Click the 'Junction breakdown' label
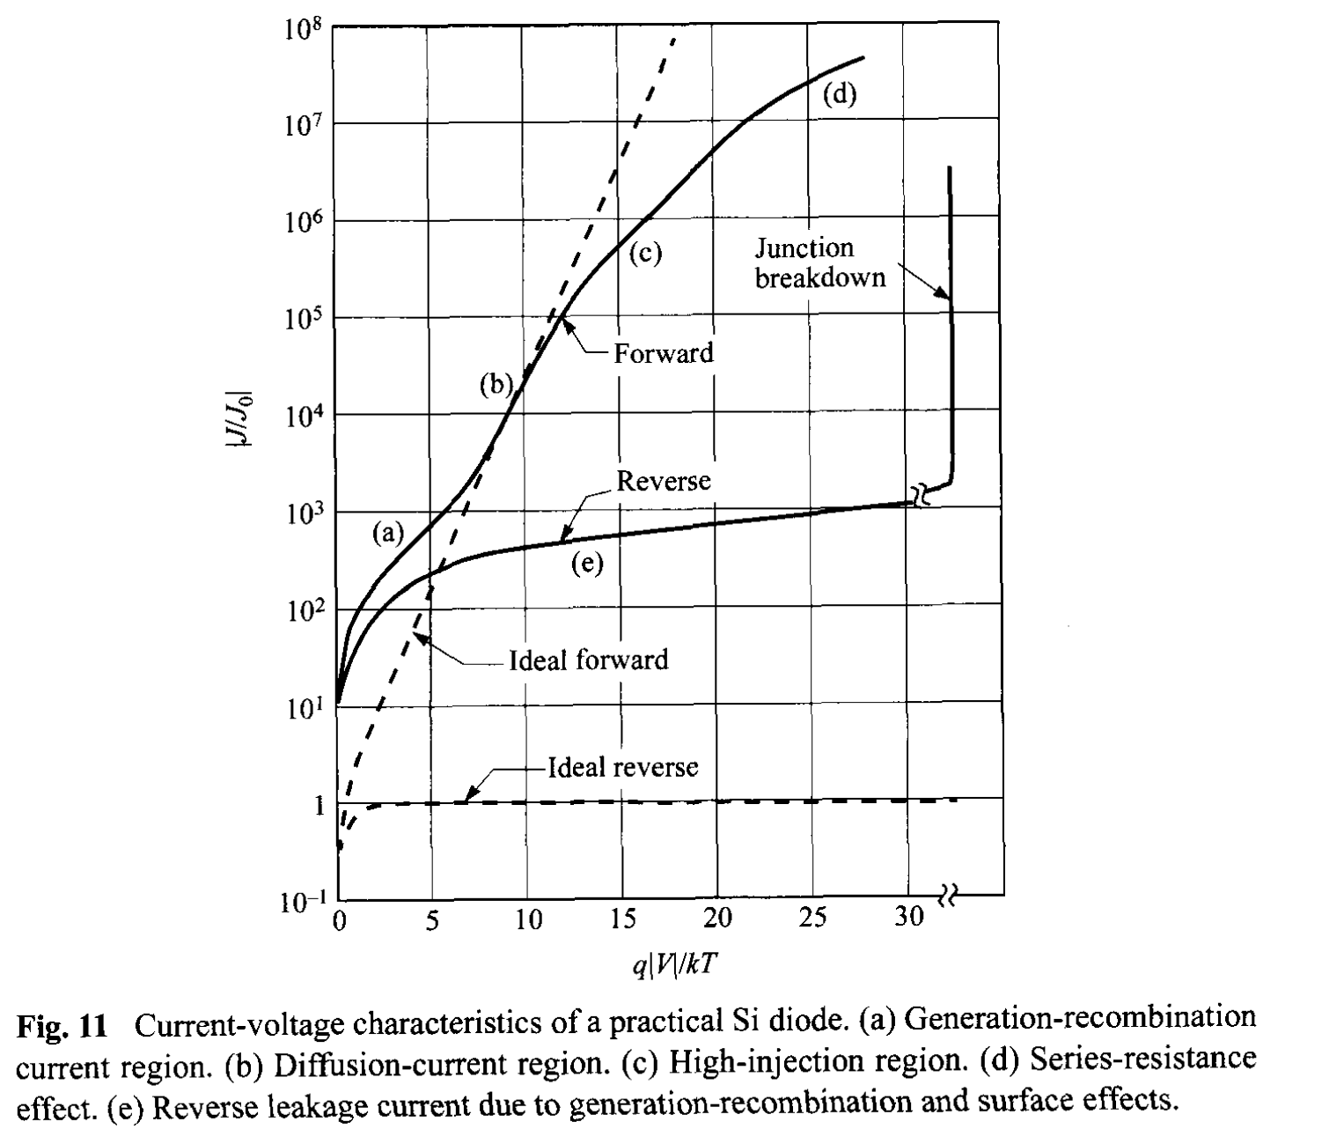(x=819, y=262)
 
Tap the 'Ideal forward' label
(x=588, y=660)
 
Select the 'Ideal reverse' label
(x=623, y=767)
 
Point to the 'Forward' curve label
(x=663, y=353)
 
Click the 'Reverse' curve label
(x=663, y=481)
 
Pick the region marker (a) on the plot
(x=387, y=532)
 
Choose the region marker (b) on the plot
(x=496, y=384)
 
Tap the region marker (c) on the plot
(x=644, y=254)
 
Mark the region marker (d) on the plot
(x=840, y=94)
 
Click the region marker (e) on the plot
(x=587, y=565)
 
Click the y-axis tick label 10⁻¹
(x=302, y=902)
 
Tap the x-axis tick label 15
(x=622, y=919)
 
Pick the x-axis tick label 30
(x=909, y=918)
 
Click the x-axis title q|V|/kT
(x=674, y=965)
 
